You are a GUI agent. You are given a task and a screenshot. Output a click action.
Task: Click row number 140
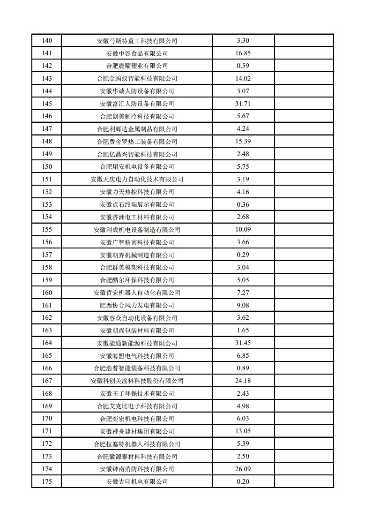pos(47,41)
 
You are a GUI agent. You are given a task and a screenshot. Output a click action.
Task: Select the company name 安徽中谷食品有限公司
pos(137,53)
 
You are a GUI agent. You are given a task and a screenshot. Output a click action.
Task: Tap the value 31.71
pos(243,104)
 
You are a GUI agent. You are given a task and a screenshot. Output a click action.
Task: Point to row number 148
pos(47,142)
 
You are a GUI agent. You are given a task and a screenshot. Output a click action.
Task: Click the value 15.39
pos(243,142)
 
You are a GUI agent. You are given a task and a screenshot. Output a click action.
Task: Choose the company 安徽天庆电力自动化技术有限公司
pos(137,179)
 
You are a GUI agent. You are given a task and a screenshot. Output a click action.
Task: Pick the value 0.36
pos(243,204)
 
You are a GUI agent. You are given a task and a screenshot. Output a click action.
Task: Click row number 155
pos(47,230)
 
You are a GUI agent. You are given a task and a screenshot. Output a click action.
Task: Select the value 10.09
pos(243,230)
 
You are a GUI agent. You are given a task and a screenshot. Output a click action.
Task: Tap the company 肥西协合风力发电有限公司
pos(137,305)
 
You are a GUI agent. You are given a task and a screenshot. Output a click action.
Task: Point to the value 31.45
pos(243,343)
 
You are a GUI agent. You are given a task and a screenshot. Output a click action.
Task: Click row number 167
pos(47,381)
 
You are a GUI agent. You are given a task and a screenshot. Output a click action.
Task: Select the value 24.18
pos(243,381)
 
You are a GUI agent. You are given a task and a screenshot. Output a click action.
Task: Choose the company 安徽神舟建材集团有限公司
pos(137,431)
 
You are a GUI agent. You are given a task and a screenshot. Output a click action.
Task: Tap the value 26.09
pos(243,469)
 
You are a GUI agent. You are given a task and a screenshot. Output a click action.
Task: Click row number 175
pos(47,481)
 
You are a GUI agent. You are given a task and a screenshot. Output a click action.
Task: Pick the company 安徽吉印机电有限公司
pos(137,481)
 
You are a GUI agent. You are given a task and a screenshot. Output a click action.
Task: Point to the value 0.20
pos(243,481)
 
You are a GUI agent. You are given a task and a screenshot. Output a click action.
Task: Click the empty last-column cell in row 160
pos(304,293)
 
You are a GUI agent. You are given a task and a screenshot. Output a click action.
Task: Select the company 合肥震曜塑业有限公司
pos(137,66)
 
